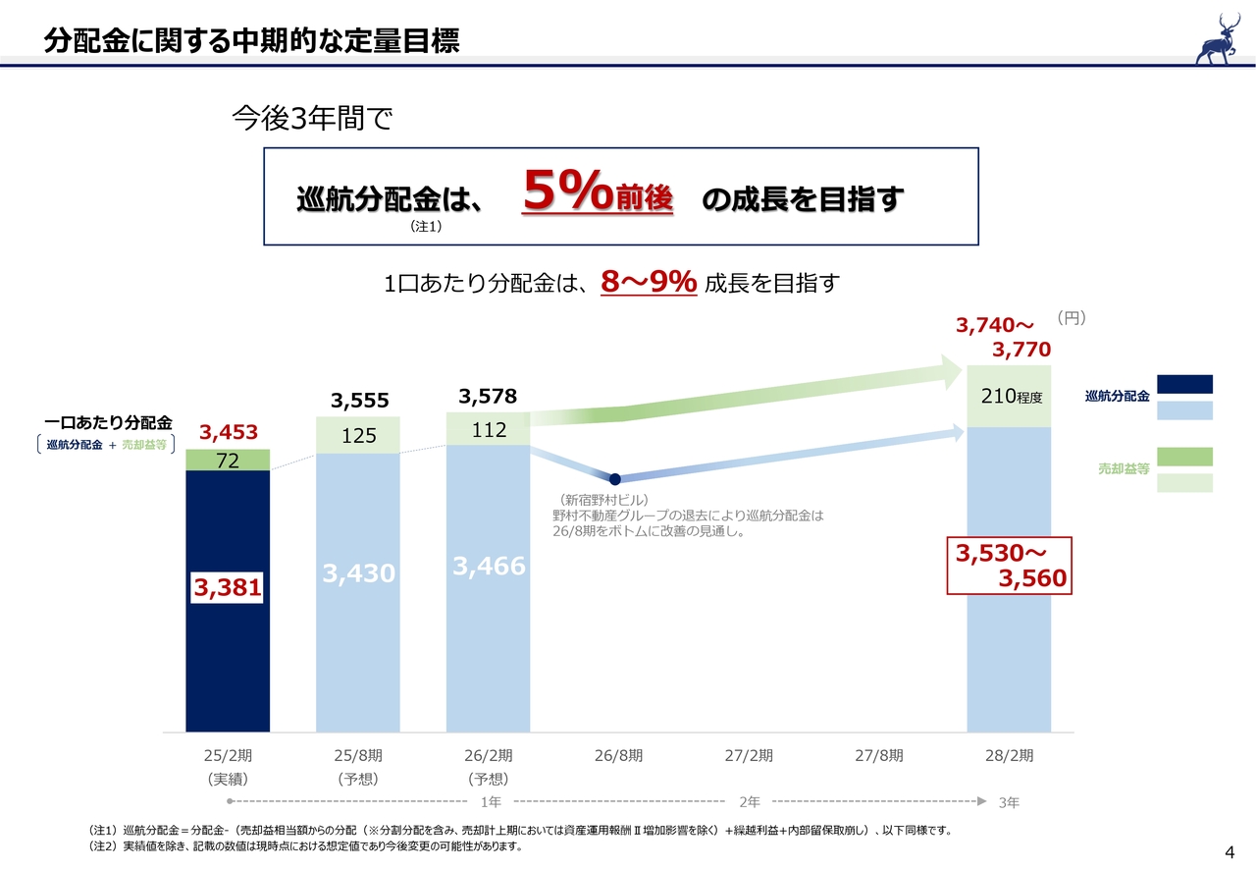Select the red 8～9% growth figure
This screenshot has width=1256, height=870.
point(648,283)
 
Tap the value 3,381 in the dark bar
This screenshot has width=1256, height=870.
point(228,587)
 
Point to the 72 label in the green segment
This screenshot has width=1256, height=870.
point(228,461)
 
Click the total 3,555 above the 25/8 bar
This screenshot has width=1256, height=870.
point(359,401)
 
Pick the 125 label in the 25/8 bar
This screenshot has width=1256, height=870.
point(359,435)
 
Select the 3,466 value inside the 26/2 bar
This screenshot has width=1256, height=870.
point(489,566)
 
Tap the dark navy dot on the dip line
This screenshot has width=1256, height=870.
point(615,479)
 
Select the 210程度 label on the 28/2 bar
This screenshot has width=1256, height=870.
point(1010,397)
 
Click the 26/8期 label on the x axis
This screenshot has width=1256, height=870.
point(618,756)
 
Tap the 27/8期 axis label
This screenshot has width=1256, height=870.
point(878,756)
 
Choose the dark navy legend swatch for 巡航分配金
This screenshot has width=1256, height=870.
point(1184,384)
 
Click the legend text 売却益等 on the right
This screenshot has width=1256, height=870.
point(1123,470)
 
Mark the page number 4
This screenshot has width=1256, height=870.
point(1230,850)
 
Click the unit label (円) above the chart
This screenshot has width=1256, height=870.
point(1072,318)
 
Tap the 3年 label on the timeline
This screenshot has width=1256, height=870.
point(1008,802)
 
